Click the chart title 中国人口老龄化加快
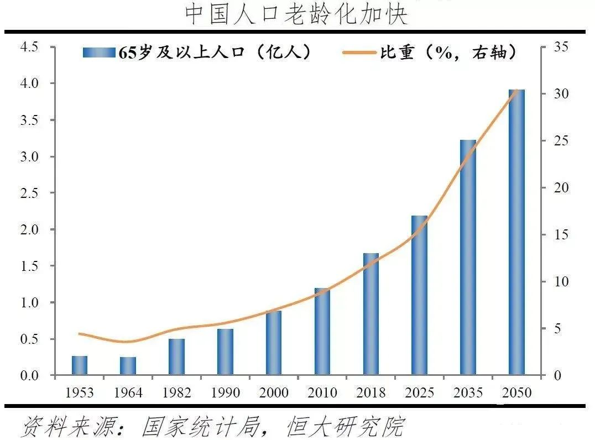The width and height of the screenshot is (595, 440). point(296,15)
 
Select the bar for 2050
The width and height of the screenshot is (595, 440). point(516,232)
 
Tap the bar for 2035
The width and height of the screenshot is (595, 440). point(468,258)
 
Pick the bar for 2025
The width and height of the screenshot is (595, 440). point(419,295)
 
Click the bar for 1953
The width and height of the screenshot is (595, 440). point(80,365)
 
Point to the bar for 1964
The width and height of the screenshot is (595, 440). point(128,366)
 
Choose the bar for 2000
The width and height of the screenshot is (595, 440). point(274,343)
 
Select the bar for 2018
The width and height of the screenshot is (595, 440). point(371,314)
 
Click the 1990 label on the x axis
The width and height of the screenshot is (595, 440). point(225,392)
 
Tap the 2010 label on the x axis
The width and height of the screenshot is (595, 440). point(322,392)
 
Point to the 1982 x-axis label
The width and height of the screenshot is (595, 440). point(176,392)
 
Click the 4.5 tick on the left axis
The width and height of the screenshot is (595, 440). point(29,47)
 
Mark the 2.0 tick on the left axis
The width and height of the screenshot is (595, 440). point(29,229)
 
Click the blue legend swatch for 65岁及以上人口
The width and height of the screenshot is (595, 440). point(99,53)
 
